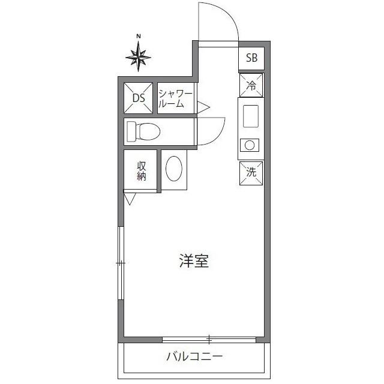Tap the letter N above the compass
click(139, 37)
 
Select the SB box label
click(251, 58)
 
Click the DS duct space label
click(139, 98)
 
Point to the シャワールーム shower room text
click(175, 98)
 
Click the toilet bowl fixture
click(145, 131)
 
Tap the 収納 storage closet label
click(142, 171)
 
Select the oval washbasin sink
click(174, 169)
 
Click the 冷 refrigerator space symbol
click(251, 85)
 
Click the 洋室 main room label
click(194, 261)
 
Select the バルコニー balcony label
click(194, 357)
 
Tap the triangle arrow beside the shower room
click(203, 107)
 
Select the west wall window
click(121, 263)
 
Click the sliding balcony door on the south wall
click(209, 339)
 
